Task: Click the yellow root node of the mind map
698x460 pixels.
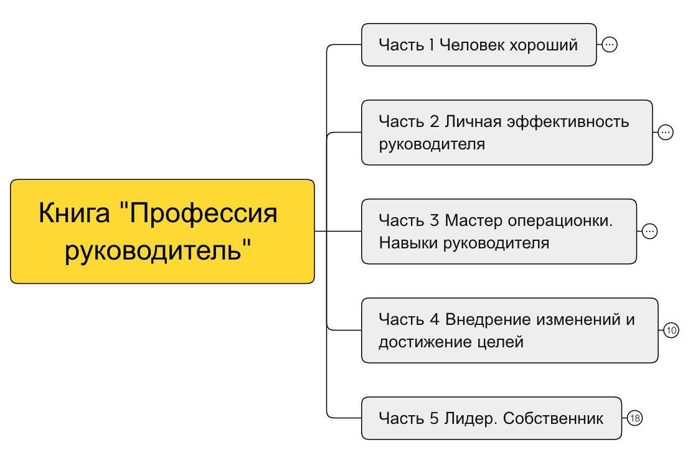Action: tap(162, 232)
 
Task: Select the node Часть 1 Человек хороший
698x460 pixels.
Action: tap(478, 45)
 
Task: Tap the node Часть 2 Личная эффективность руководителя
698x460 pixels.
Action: tap(506, 133)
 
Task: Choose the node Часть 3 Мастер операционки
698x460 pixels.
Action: tap(498, 232)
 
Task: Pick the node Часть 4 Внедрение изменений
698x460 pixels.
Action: tap(509, 331)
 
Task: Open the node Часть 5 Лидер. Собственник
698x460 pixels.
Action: tap(491, 418)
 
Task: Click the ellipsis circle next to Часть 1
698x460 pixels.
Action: tap(610, 45)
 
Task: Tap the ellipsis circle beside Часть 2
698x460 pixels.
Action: tap(666, 133)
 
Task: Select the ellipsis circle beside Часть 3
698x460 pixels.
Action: tap(649, 232)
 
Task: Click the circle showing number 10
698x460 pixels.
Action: tap(671, 331)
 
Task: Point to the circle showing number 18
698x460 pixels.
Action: tap(634, 418)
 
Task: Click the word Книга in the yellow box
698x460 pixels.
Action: tap(74, 213)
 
